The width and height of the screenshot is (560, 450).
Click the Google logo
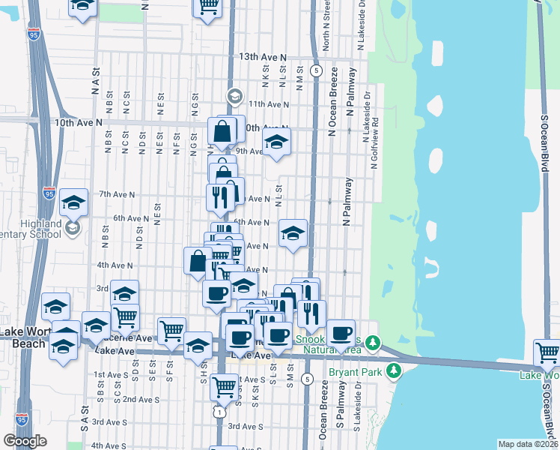tap(25, 441)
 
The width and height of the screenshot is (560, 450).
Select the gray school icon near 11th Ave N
tap(234, 96)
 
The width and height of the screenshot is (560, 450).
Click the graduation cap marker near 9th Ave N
tap(276, 142)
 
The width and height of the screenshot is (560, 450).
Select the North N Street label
tap(326, 31)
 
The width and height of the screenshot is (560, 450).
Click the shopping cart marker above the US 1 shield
tap(225, 387)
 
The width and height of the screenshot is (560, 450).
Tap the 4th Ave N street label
tap(115, 265)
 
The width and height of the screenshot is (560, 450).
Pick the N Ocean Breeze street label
tap(332, 102)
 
